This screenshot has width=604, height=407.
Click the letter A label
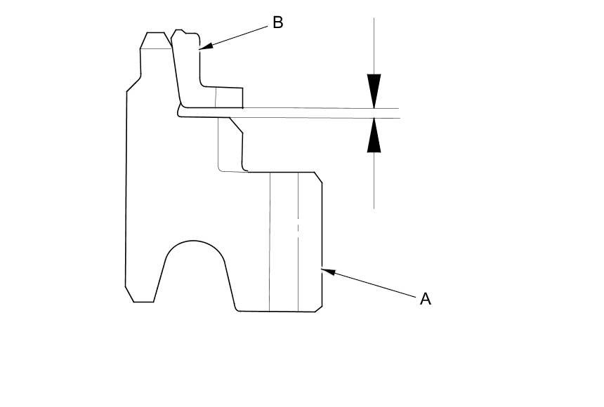(425, 299)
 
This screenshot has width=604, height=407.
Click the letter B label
(277, 22)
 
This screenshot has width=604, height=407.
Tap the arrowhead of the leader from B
(204, 47)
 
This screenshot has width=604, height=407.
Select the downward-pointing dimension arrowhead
(374, 91)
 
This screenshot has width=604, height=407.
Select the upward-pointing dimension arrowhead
(374, 135)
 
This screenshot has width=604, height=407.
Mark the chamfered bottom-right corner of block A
(319, 308)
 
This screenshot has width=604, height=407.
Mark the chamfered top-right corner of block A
(318, 177)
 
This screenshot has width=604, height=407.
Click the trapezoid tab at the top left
(155, 40)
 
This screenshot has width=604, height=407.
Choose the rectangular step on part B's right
(229, 97)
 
